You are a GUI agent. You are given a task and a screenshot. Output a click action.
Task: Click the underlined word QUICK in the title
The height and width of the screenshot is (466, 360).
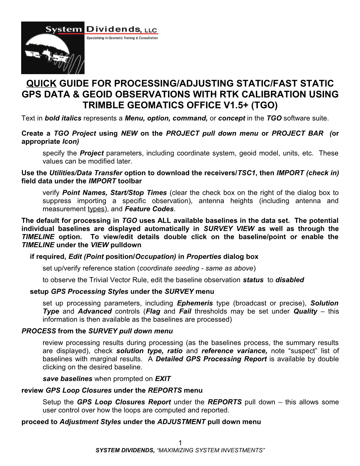point(42,84)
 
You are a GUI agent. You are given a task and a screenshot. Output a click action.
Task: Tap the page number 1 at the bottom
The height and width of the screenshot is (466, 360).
point(180,443)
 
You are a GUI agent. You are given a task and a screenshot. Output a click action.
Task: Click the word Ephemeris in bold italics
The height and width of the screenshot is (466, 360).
point(195,303)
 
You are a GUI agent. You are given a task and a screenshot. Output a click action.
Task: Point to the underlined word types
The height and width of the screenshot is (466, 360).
point(96,209)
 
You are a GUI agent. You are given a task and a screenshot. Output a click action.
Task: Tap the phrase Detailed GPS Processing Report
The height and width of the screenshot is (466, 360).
point(211,359)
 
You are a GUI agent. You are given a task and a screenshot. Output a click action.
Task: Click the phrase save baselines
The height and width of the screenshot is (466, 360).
point(67,379)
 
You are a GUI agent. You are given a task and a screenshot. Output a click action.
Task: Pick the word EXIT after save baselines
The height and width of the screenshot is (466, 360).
point(163,379)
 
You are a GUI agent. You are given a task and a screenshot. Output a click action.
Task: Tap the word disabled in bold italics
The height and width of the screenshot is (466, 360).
point(289,280)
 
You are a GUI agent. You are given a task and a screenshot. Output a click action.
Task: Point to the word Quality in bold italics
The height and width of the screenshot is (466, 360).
point(305,311)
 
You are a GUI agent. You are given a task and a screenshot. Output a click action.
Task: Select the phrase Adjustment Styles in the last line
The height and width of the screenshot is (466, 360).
point(90,422)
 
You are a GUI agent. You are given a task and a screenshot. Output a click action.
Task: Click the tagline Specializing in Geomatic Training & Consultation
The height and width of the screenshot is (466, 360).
point(122,38)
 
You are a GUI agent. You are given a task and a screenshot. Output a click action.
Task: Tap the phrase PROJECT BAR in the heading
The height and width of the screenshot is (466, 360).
point(298,133)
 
